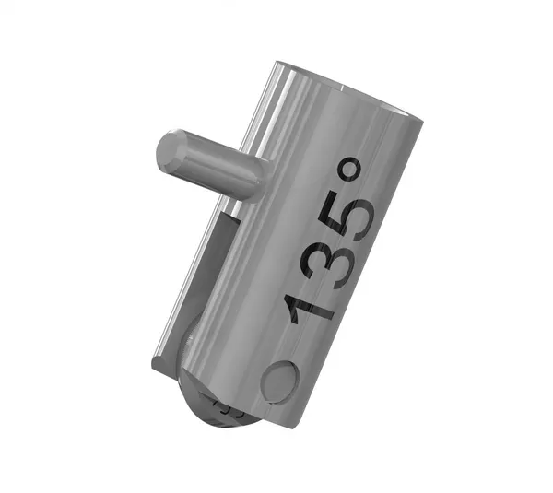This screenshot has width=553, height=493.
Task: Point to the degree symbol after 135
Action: pos(351,169)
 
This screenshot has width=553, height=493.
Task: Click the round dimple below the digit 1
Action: pos(280,381)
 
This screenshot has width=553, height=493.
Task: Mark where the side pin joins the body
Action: pos(253,181)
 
